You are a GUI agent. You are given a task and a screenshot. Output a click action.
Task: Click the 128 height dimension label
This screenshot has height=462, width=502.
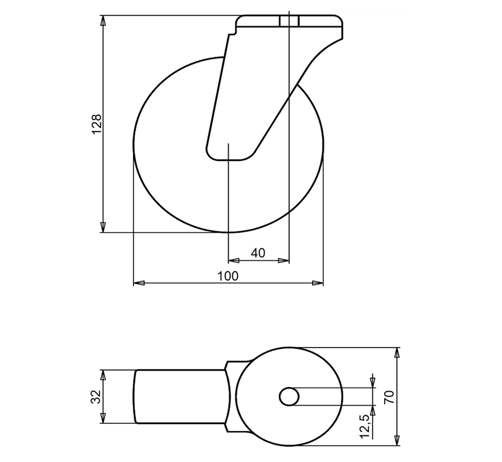click(x=97, y=124)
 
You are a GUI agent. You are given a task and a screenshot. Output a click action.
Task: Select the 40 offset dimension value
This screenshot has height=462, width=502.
click(x=258, y=253)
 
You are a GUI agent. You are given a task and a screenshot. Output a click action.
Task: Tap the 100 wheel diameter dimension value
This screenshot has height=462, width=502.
click(x=228, y=276)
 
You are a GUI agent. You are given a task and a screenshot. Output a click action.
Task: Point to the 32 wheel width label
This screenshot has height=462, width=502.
click(x=96, y=396)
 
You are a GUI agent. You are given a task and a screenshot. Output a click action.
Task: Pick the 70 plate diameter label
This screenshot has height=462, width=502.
click(x=389, y=396)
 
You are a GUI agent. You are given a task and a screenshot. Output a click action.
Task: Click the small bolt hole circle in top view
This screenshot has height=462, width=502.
click(x=289, y=396)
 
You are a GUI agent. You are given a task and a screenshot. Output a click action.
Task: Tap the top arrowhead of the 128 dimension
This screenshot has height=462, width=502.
click(x=103, y=21)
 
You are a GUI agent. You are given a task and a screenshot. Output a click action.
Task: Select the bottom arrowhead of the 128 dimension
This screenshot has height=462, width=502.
click(x=103, y=227)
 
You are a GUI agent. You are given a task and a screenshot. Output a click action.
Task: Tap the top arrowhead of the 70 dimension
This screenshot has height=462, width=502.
click(x=398, y=353)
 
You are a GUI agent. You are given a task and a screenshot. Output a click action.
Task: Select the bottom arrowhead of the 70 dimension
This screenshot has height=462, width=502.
click(x=398, y=441)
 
